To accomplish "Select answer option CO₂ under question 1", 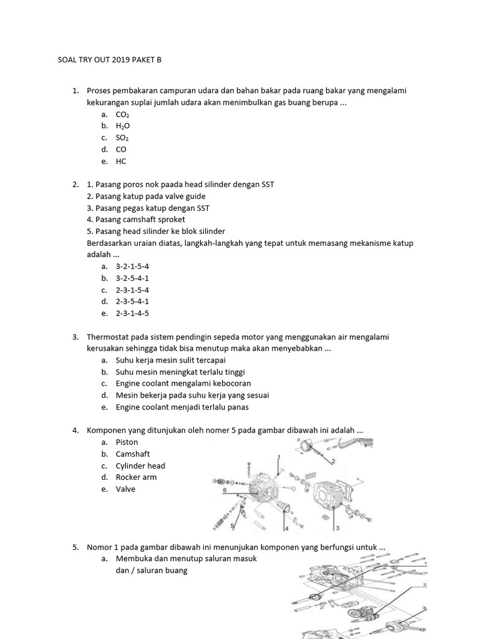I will (122, 115).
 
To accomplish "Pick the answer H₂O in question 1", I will (122, 126).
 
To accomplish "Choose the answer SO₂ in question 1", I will (122, 138).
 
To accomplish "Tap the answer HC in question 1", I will (121, 161).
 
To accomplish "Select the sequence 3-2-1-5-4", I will (132, 266).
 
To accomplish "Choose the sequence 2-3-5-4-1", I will (132, 301).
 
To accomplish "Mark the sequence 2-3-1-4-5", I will (132, 313).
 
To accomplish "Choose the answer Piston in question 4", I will (127, 442).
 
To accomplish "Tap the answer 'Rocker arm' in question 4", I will (136, 477).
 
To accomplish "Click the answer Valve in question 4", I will (125, 489).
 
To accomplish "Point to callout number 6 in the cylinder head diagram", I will (224, 491).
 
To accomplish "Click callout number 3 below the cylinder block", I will (337, 528).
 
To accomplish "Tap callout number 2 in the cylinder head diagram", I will (334, 462).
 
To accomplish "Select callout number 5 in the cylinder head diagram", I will (232, 527).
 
